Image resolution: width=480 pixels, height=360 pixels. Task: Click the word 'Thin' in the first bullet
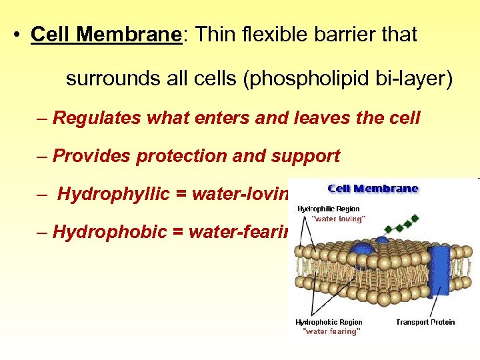(213, 35)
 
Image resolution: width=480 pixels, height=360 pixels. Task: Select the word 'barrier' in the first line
(345, 35)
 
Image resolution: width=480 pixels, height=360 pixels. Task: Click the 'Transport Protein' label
(425, 323)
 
